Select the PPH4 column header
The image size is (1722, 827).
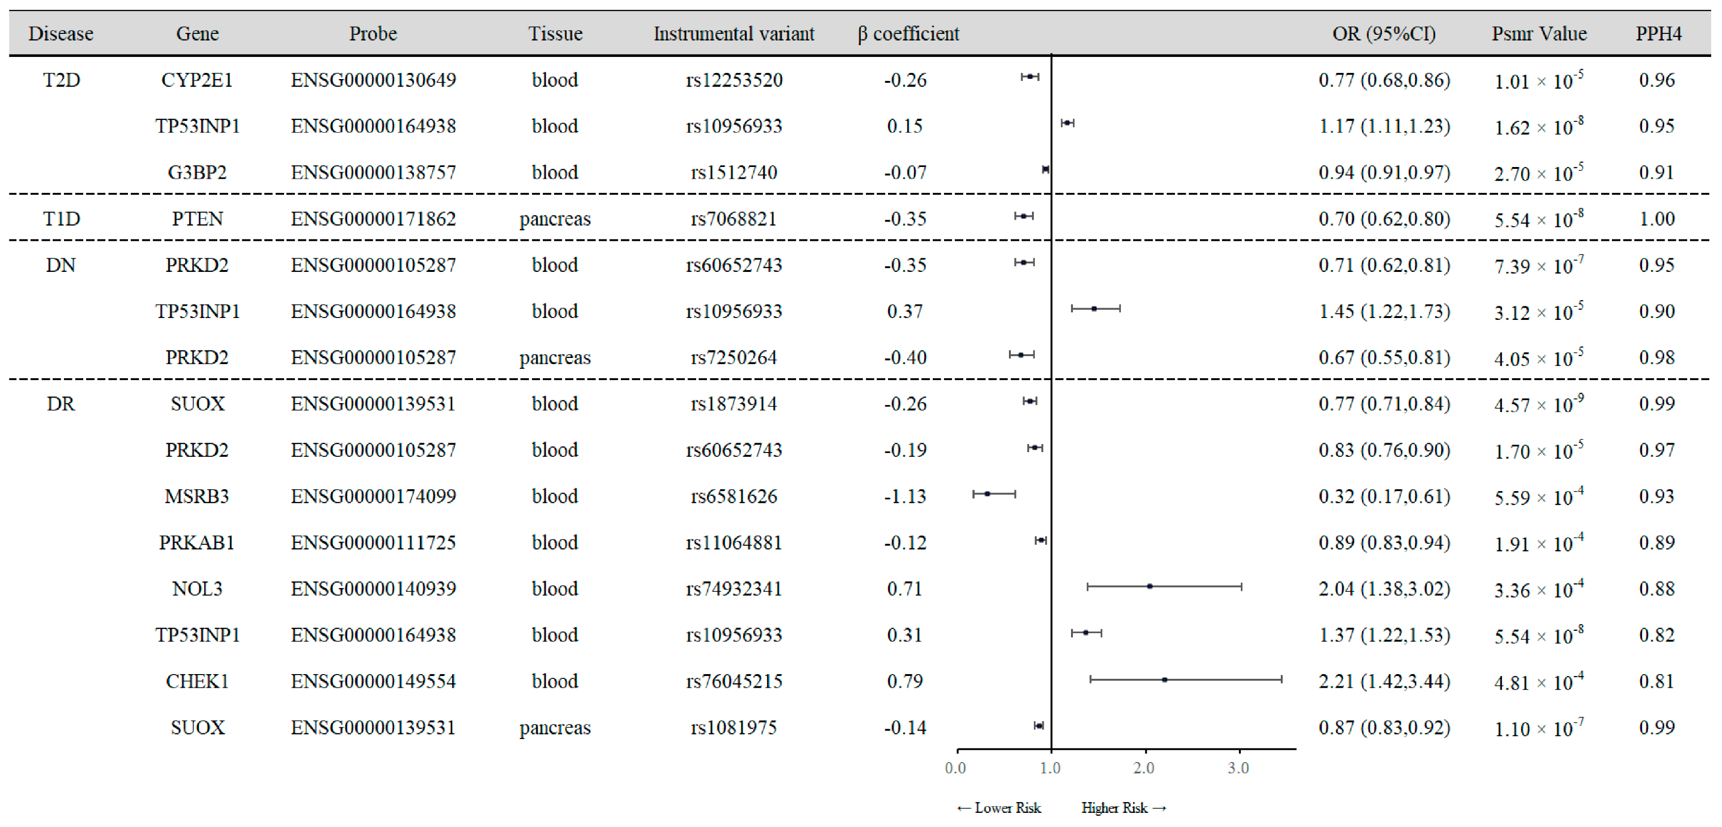[x=1658, y=33]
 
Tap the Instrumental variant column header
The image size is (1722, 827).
[x=733, y=33]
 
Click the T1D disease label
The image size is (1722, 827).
[x=62, y=219]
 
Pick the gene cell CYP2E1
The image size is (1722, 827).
[x=197, y=80]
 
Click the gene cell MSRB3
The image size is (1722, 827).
[x=197, y=496]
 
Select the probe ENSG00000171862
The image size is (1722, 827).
[x=373, y=219]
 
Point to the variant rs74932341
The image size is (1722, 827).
[x=733, y=588]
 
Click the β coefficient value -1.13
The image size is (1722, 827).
[x=905, y=496]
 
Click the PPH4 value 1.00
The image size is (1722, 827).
[x=1657, y=219]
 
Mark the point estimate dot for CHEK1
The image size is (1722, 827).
[x=1165, y=679]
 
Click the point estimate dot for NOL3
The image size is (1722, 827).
[x=1149, y=586]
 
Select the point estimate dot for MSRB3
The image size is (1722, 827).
[x=987, y=494]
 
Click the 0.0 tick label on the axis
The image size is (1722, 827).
[x=955, y=768]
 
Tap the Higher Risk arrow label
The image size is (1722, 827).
[x=1123, y=808]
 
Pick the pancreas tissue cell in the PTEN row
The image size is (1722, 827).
[x=555, y=219]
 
